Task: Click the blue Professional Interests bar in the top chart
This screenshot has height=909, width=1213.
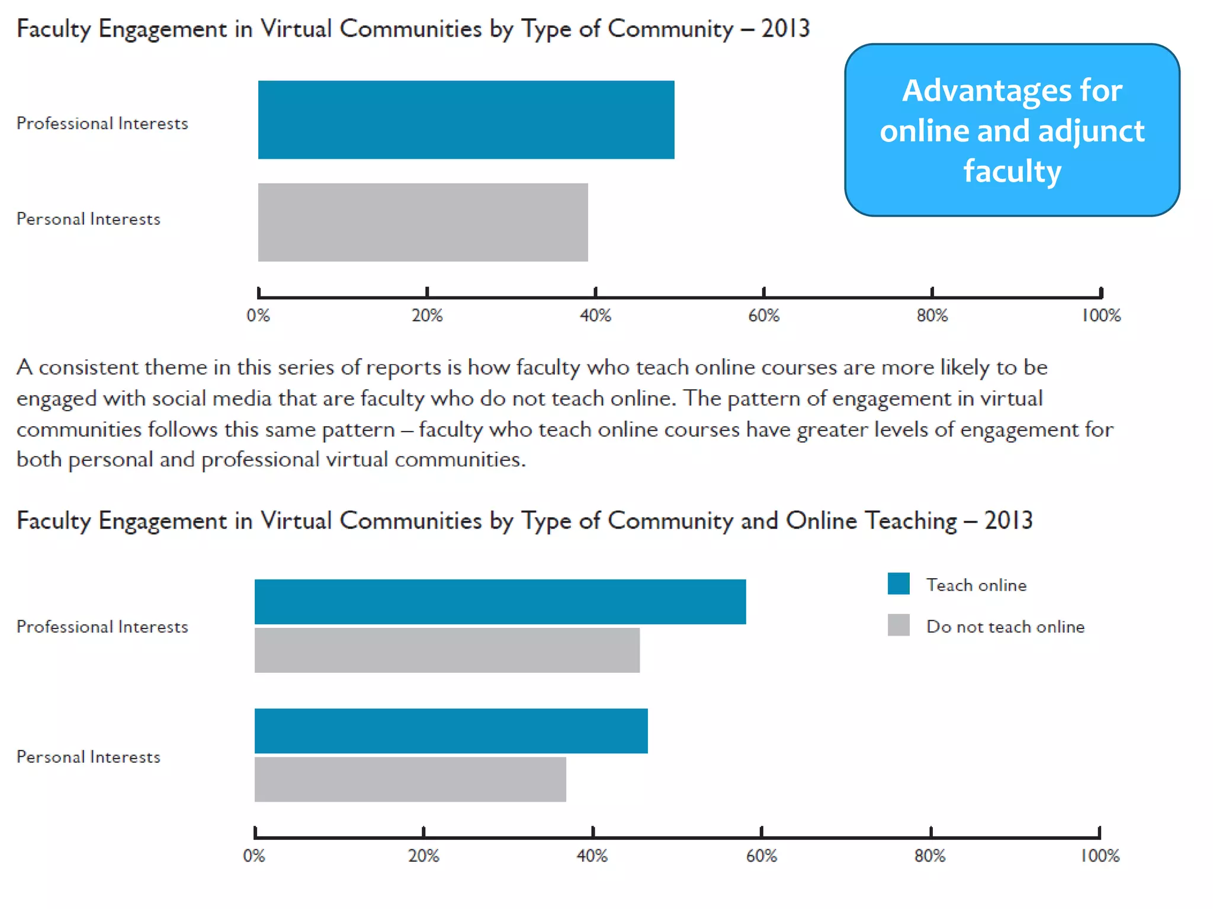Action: pos(466,120)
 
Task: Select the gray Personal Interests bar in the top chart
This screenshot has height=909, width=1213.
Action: pos(423,222)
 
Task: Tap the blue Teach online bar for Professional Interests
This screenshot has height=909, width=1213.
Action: pos(500,601)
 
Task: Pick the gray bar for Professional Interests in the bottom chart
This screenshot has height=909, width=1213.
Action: pos(447,650)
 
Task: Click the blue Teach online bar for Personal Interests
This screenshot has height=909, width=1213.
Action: pos(451,730)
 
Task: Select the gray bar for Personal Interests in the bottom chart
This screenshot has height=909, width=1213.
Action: pos(410,779)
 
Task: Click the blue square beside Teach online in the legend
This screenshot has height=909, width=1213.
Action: pos(898,584)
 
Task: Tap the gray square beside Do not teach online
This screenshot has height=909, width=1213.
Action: pos(898,625)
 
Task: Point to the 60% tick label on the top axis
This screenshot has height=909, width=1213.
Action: pos(763,315)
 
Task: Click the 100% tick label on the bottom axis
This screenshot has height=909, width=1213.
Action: pos(1100,856)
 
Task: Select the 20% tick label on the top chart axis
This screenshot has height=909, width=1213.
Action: pos(427,315)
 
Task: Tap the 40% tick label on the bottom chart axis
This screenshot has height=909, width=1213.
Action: pos(592,856)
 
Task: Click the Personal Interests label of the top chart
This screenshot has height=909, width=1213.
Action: pos(88,219)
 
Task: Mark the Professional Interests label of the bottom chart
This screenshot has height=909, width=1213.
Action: pos(102,627)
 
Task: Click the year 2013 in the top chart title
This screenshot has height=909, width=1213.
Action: pos(785,28)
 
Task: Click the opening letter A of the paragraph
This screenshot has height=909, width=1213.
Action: pos(24,368)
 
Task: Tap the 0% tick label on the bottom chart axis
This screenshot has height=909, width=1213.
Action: pos(254,856)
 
